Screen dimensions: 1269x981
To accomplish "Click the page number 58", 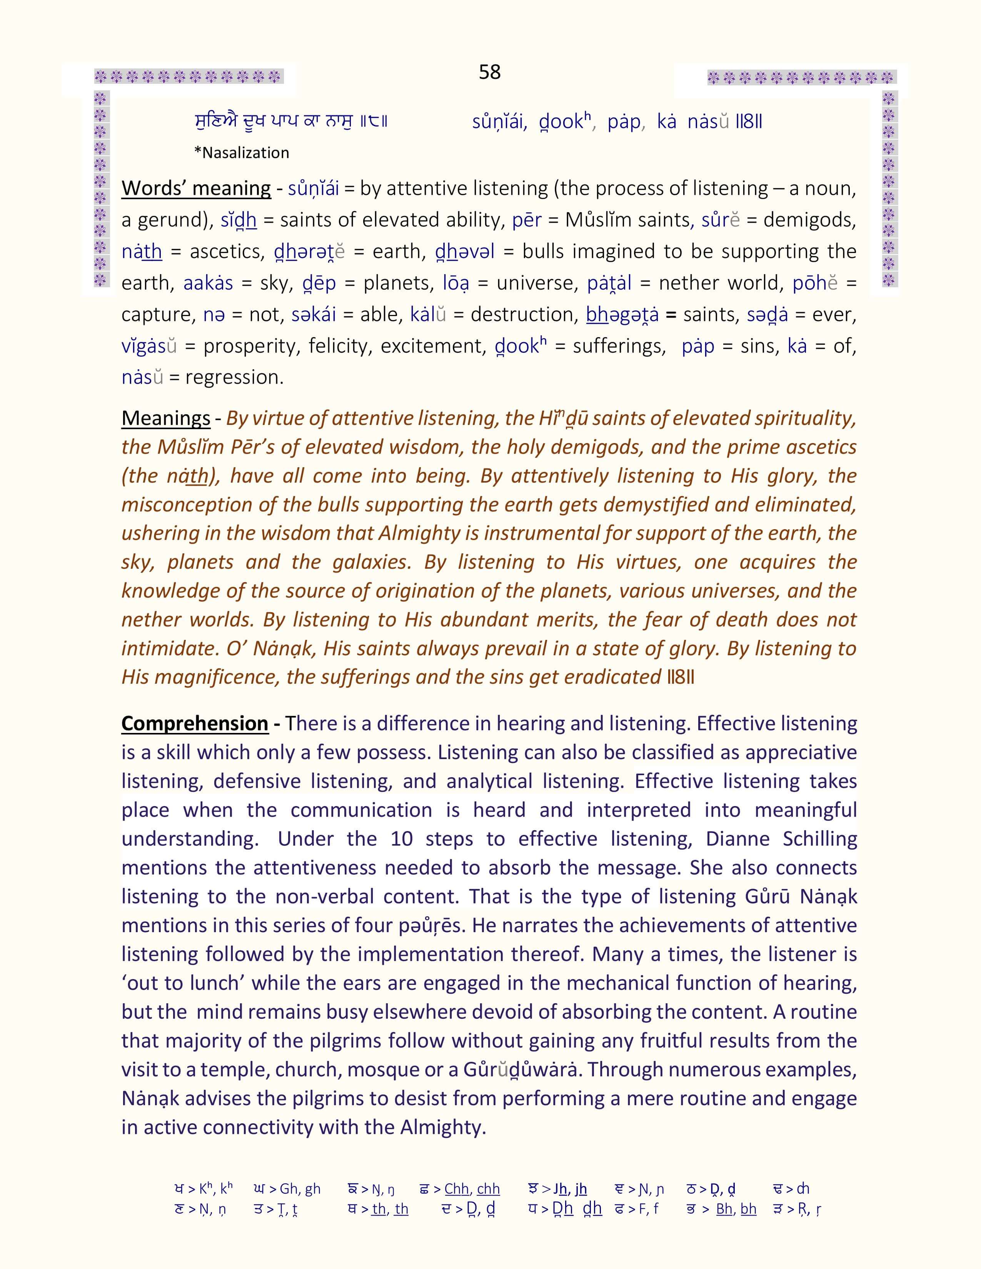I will click(x=489, y=72).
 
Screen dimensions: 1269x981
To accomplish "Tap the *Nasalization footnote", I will click(x=241, y=153).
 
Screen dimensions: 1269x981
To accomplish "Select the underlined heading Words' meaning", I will click(x=196, y=188).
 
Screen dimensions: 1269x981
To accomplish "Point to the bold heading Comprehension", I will click(x=195, y=723).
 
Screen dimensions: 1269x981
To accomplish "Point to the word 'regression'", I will click(x=234, y=377).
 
